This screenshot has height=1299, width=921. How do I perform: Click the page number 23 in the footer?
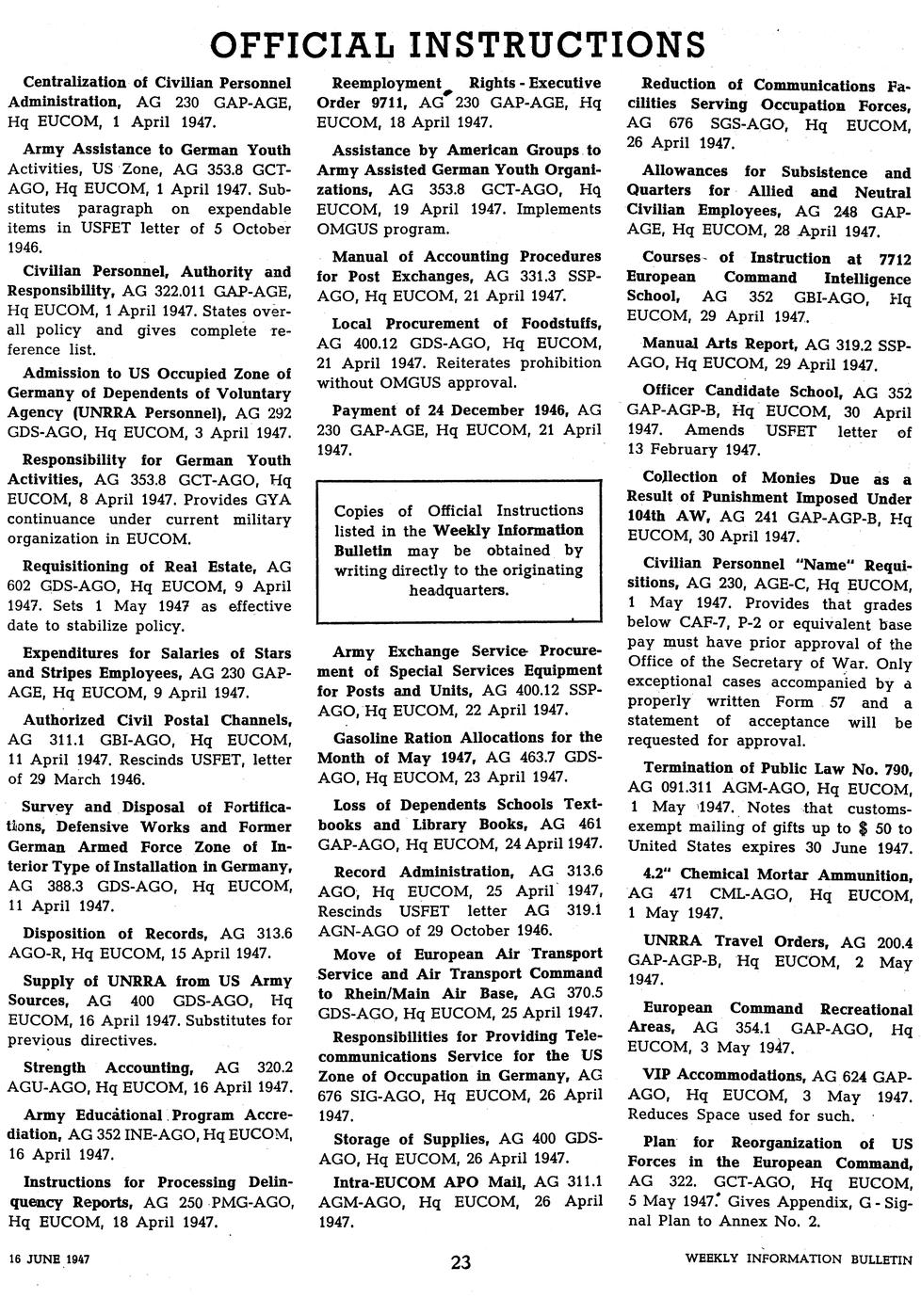pos(460,1263)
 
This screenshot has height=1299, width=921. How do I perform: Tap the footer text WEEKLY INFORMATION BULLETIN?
pos(800,1259)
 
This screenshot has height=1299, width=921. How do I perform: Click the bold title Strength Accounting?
pos(107,1067)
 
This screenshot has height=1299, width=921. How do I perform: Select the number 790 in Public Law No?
pos(898,768)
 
